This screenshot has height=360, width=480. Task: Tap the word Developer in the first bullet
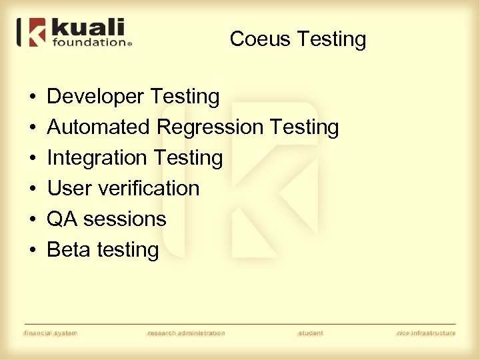coord(96,97)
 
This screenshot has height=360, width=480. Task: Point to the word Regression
coord(210,127)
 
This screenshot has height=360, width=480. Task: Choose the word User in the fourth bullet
coord(68,188)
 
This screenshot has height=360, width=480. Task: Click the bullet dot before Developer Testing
coord(33,97)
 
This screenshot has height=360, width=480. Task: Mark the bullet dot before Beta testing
coord(33,250)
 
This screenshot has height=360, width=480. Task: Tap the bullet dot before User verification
coord(33,189)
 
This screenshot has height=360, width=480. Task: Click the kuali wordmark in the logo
coord(87,29)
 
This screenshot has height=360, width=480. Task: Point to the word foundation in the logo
coord(90,42)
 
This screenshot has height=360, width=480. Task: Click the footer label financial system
coord(51,333)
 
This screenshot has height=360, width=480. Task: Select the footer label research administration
coord(186,333)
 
